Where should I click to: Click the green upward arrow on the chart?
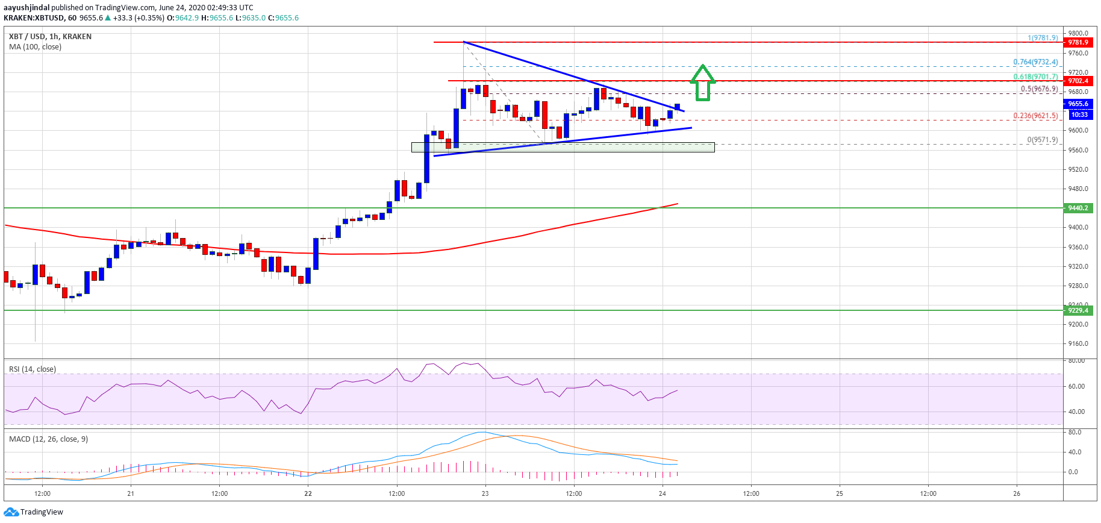pyautogui.click(x=702, y=83)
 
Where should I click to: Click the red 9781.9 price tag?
pyautogui.click(x=1078, y=42)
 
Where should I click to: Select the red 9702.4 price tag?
pyautogui.click(x=1078, y=81)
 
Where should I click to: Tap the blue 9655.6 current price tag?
pyautogui.click(x=1078, y=104)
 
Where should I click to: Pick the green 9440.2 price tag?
pyautogui.click(x=1078, y=208)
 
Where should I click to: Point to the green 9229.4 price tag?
pyautogui.click(x=1078, y=310)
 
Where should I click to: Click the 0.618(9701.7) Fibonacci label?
pyautogui.click(x=1035, y=77)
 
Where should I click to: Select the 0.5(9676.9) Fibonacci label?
pyautogui.click(x=1038, y=89)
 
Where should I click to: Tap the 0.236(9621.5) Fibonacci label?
pyautogui.click(x=1035, y=115)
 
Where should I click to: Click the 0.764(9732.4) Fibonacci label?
pyautogui.click(x=1035, y=62)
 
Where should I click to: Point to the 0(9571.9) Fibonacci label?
pyautogui.click(x=1042, y=140)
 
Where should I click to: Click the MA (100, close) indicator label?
pyautogui.click(x=35, y=47)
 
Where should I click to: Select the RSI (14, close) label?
pyautogui.click(x=33, y=369)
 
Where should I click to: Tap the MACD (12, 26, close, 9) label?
pyautogui.click(x=48, y=439)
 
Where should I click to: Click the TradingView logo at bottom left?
pyautogui.click(x=34, y=512)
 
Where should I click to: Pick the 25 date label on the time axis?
pyautogui.click(x=839, y=493)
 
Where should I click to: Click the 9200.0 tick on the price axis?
pyautogui.click(x=1078, y=324)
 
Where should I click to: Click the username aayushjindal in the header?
pyautogui.click(x=27, y=8)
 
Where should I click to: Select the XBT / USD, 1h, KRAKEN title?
pyautogui.click(x=51, y=37)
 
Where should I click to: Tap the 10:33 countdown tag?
pyautogui.click(x=1079, y=114)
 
